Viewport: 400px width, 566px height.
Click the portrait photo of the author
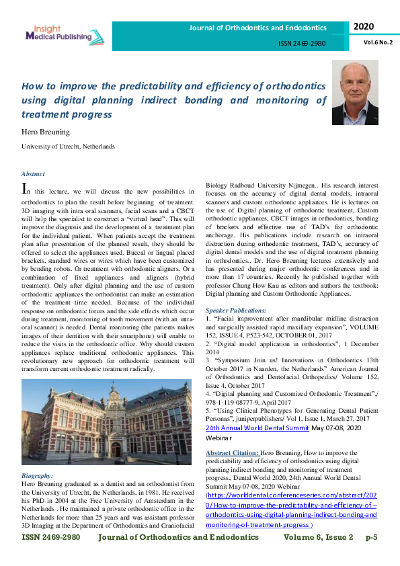(x=354, y=93)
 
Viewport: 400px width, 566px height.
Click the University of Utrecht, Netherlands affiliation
(x=68, y=146)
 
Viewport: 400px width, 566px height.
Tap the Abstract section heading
(x=33, y=173)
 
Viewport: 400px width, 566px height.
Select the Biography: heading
(x=38, y=475)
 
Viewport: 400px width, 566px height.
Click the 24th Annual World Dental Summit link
(x=266, y=428)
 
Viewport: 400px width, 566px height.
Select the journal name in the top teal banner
(x=257, y=28)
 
